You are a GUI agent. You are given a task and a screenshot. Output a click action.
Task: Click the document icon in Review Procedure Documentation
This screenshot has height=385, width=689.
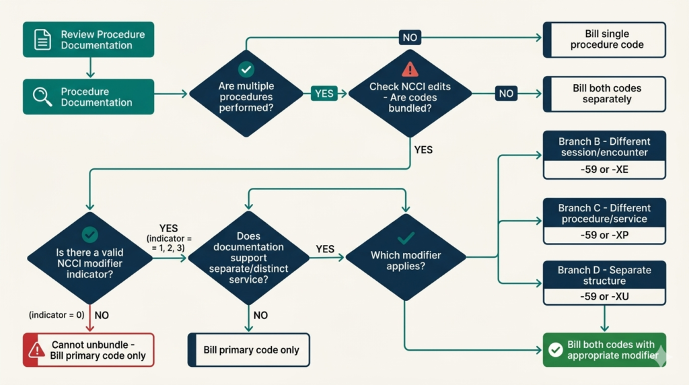(42, 40)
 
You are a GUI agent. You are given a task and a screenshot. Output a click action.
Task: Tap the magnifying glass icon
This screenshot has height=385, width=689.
(42, 97)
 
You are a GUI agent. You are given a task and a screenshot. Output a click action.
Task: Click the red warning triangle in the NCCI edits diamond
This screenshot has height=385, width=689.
(410, 69)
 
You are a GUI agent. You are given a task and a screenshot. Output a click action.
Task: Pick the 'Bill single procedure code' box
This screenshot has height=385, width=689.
(604, 40)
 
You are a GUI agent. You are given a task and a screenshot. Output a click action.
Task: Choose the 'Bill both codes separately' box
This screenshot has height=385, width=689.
(604, 94)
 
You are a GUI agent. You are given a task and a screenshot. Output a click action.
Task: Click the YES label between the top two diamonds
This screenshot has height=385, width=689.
(324, 94)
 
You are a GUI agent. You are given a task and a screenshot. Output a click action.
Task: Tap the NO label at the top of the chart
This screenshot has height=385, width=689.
(410, 37)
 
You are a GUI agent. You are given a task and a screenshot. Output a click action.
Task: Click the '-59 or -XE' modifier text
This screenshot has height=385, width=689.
(604, 170)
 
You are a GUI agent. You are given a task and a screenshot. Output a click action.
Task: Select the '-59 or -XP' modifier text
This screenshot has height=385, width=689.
(604, 236)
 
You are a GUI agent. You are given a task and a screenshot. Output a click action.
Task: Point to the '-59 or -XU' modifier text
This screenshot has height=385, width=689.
(604, 296)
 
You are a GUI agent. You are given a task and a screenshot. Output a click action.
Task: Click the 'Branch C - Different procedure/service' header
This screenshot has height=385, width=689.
(604, 213)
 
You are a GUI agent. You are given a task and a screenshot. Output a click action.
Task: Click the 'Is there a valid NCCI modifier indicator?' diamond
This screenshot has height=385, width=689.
(89, 256)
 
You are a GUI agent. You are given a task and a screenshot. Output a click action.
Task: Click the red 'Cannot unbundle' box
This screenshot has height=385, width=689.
(89, 350)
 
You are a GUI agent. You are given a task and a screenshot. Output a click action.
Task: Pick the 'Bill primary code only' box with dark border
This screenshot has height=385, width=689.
(248, 350)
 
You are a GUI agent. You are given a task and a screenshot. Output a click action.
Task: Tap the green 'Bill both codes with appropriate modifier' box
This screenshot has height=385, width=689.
(604, 350)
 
